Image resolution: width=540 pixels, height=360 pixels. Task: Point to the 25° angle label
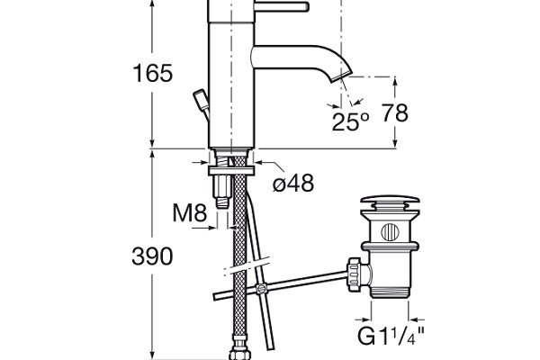[x=350, y=122]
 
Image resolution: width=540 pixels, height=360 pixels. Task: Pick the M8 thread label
[x=189, y=214]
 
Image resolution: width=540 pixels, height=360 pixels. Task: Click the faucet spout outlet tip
[x=343, y=79]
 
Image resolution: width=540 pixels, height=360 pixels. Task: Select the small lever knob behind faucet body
[x=201, y=102]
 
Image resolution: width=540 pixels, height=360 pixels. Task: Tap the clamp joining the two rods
[x=261, y=289]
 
